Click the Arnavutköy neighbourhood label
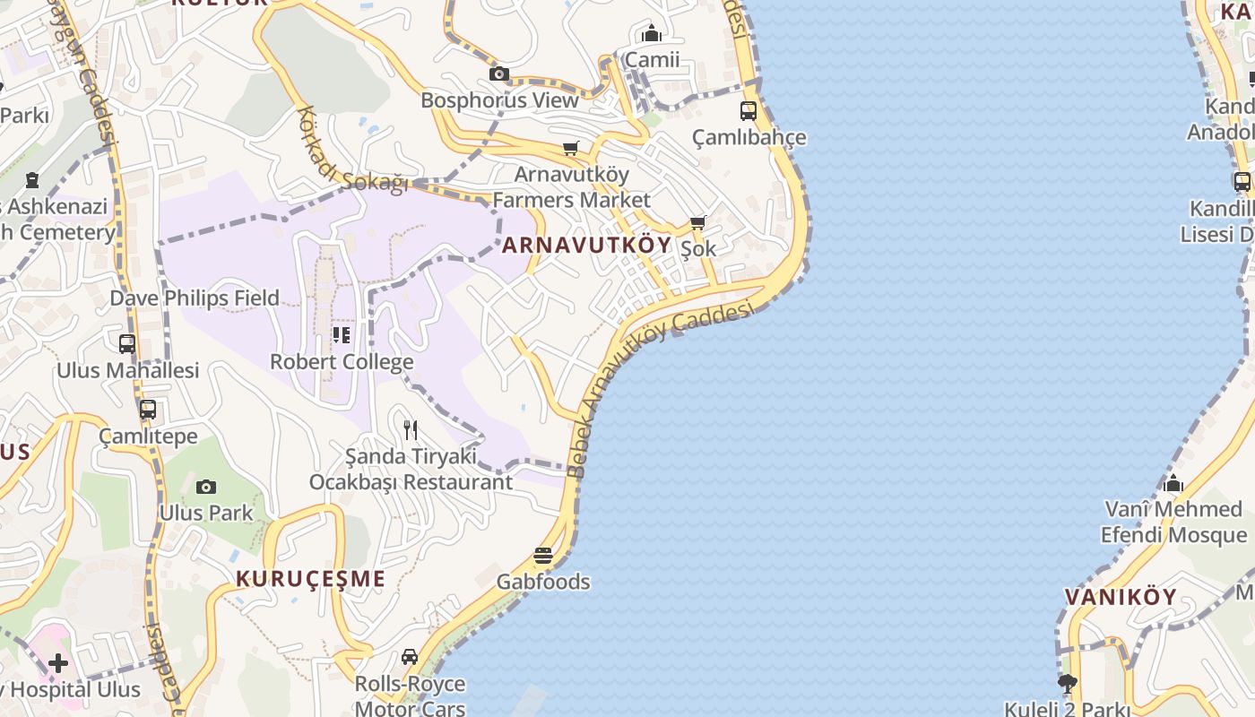(586, 246)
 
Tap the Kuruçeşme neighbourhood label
(310, 579)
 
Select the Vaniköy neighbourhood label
(1120, 597)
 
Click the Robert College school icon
(342, 335)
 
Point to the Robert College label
(342, 362)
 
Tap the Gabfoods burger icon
(543, 556)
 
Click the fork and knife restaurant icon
(411, 430)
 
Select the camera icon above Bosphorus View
(499, 73)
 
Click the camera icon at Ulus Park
(206, 487)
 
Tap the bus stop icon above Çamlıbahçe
(749, 111)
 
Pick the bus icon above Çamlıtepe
(148, 410)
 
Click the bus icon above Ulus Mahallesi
(127, 343)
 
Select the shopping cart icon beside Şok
(697, 222)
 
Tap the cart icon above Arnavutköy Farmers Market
(571, 147)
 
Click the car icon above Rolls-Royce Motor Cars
(410, 657)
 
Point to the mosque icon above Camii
(652, 34)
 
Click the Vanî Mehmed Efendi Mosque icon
(1173, 484)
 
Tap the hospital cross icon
(58, 663)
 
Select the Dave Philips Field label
(195, 298)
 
